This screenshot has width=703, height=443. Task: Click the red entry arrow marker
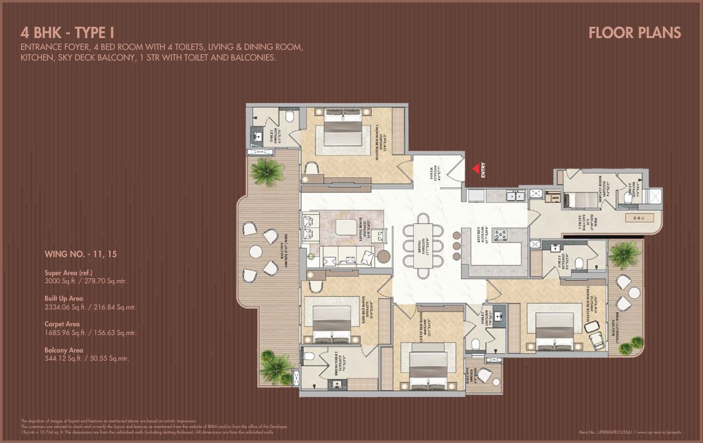pyautogui.click(x=476, y=169)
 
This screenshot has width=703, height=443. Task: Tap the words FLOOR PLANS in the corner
pyautogui.click(x=634, y=33)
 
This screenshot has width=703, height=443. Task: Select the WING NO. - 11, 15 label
pyautogui.click(x=81, y=255)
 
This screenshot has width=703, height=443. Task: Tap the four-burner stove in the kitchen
pyautogui.click(x=501, y=235)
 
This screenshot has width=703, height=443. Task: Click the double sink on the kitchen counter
pyautogui.click(x=515, y=196)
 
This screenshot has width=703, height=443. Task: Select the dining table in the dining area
pyautogui.click(x=424, y=246)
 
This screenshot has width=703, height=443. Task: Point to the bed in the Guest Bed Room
pyautogui.click(x=428, y=368)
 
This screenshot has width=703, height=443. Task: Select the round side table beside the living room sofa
pyautogui.click(x=383, y=256)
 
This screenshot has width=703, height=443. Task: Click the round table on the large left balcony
pyautogui.click(x=255, y=251)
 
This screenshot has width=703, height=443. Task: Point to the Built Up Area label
pyautogui.click(x=64, y=298)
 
